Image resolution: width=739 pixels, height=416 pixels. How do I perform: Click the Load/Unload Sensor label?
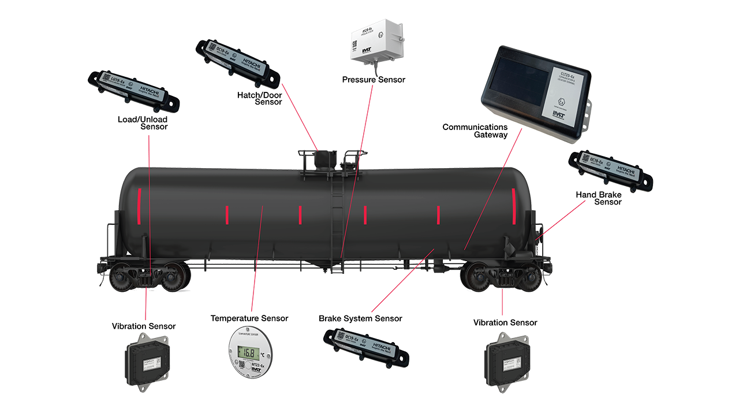coord(143,123)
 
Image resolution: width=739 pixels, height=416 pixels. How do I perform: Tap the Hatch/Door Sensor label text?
coord(259,98)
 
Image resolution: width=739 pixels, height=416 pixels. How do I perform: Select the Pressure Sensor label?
coord(374,80)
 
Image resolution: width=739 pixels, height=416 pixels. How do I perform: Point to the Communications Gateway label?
coord(475,131)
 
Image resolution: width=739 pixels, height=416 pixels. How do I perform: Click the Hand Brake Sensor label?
coord(599,198)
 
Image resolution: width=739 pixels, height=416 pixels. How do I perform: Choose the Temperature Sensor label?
coord(249,318)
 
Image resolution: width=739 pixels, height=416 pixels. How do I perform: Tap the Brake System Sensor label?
coord(360,318)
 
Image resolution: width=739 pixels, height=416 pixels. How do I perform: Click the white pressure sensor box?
coord(379,41)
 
